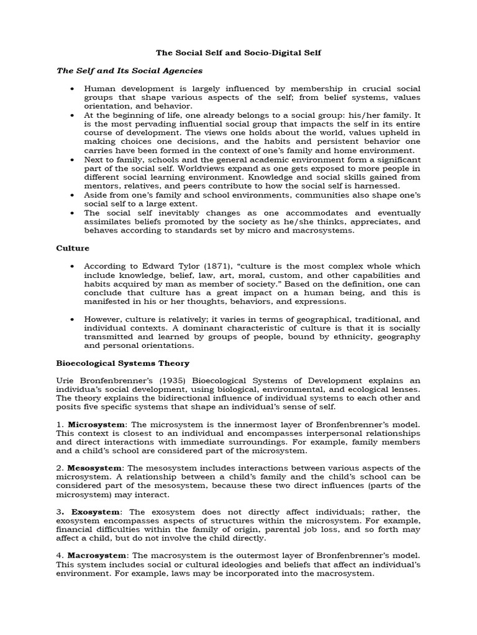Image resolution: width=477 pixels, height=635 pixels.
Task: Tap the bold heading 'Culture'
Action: pyautogui.click(x=73, y=248)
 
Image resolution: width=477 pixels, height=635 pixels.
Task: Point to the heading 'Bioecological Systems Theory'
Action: pyautogui.click(x=123, y=363)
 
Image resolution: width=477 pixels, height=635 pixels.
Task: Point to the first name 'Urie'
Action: pyautogui.click(x=66, y=381)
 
